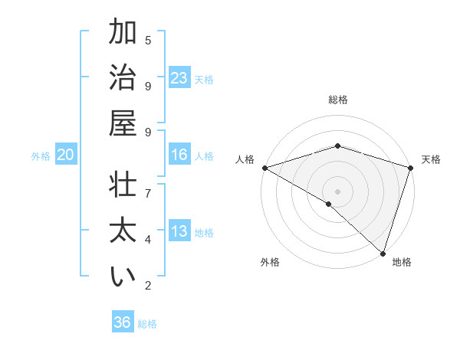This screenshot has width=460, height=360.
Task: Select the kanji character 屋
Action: (123, 123)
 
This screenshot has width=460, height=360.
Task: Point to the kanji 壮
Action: (123, 186)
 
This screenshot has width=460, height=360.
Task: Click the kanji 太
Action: (123, 231)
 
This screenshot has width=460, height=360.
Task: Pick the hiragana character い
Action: (123, 277)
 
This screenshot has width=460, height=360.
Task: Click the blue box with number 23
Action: (179, 78)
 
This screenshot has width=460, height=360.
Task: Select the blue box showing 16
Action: (179, 155)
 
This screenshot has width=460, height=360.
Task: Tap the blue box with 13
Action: (179, 231)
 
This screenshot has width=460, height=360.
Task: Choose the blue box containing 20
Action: (65, 155)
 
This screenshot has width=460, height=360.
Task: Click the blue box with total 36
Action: (123, 322)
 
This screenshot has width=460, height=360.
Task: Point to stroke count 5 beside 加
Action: (148, 40)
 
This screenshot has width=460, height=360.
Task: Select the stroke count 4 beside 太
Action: (148, 239)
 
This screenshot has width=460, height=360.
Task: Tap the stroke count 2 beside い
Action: (148, 286)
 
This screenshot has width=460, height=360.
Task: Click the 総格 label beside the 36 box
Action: (147, 324)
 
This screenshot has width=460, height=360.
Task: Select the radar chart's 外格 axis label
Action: (270, 263)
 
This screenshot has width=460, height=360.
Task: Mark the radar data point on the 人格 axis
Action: (264, 168)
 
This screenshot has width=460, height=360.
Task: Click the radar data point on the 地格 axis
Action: (382, 252)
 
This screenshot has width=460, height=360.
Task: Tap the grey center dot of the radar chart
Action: (337, 191)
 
